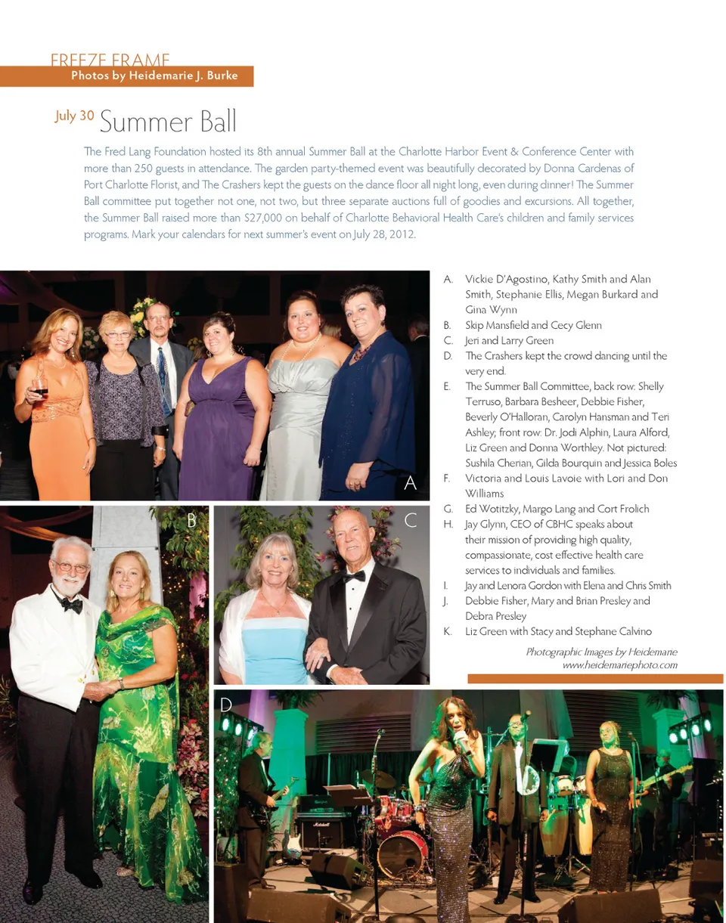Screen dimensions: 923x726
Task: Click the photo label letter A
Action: point(411,483)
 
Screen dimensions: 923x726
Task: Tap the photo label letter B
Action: point(191,519)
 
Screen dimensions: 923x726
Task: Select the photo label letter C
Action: point(411,520)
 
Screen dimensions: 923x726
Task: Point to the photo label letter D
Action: point(225,705)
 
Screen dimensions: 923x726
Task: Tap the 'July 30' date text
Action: point(74,116)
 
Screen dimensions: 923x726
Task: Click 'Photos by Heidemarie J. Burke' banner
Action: point(154,76)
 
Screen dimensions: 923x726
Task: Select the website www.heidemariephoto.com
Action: point(619,665)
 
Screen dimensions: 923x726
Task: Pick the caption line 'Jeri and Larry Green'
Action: point(509,340)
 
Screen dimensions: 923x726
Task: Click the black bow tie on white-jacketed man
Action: point(72,602)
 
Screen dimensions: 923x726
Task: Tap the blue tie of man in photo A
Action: point(163,382)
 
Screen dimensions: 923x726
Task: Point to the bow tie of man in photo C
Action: point(354,576)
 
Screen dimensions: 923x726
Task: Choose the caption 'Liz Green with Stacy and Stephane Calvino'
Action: point(558,631)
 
